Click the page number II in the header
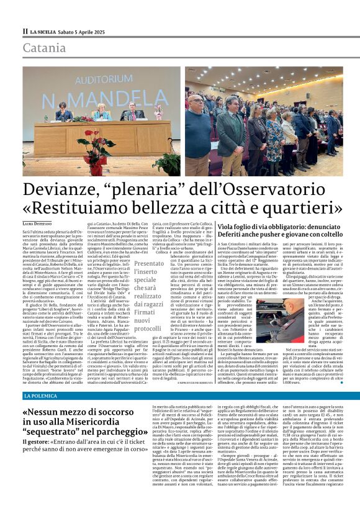[25, 30]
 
